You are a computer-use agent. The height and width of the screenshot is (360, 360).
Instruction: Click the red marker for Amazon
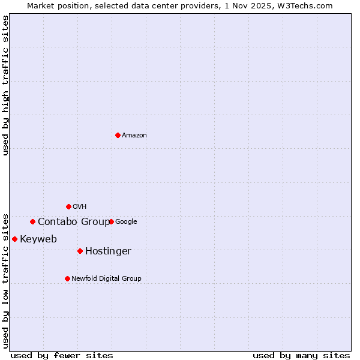[x=118, y=135]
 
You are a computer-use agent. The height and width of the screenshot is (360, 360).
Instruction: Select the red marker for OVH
[x=68, y=206]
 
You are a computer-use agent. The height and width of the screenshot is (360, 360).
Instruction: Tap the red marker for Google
[x=111, y=221]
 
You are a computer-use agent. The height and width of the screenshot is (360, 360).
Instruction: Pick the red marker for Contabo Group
[x=32, y=221]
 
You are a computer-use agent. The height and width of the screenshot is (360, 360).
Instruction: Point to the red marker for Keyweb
[x=14, y=239]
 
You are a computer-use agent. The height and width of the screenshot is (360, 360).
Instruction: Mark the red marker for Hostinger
[x=80, y=251]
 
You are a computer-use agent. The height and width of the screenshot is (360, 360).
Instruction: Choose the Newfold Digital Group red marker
[x=67, y=278]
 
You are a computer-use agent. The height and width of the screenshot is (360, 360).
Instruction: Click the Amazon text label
[x=134, y=136]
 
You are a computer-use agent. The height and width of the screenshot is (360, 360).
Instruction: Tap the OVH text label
[x=80, y=207]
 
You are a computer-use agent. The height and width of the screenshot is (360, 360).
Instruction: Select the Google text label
[x=126, y=222]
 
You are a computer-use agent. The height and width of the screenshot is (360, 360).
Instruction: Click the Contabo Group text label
[x=74, y=222]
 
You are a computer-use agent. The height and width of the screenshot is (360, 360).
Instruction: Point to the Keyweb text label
[x=38, y=239]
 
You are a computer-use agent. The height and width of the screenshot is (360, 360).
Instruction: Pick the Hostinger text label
[x=108, y=251]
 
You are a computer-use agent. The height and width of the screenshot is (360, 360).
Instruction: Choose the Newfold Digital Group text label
[x=106, y=279]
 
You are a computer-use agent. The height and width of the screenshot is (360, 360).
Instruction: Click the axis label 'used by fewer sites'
[x=62, y=355]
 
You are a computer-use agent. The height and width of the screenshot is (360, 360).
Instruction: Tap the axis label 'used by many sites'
[x=301, y=355]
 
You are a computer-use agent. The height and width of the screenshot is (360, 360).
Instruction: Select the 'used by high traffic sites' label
[x=5, y=85]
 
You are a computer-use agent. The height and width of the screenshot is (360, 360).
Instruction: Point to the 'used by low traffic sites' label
[x=5, y=281]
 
